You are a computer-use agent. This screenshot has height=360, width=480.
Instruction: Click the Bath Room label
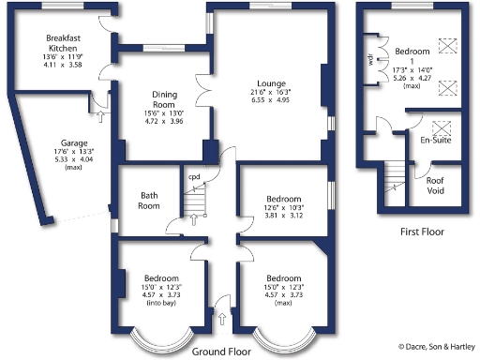150,201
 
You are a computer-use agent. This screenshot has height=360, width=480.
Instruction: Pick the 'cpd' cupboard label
194,175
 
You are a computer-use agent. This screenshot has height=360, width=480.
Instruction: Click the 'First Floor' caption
421,232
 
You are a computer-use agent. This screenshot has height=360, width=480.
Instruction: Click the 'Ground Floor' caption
220,352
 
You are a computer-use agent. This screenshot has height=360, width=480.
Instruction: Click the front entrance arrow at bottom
222,320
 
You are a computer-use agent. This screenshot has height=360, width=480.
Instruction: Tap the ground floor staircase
193,200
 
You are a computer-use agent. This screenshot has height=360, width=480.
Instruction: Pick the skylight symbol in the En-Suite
442,128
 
